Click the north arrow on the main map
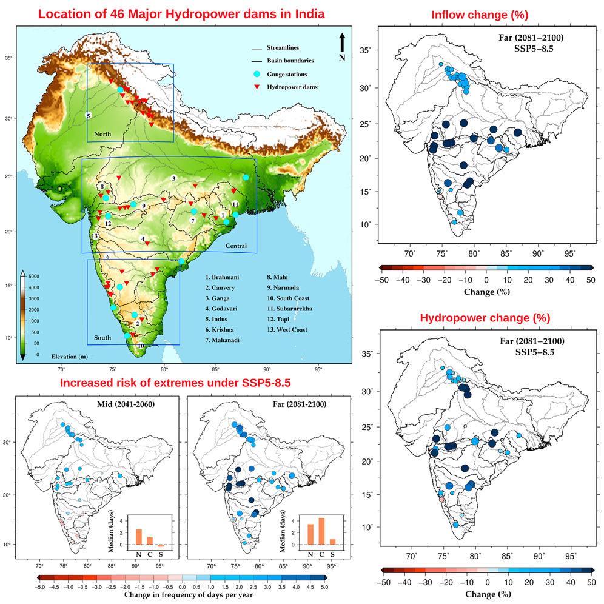343,42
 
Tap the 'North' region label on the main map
103,133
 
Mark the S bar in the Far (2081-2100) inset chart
332,542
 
